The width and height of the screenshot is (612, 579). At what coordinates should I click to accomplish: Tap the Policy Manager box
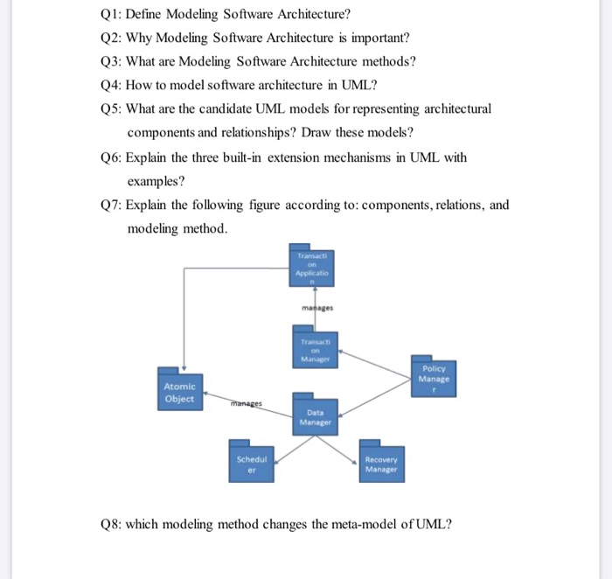434,378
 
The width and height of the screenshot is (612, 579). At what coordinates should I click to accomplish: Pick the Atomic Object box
179,392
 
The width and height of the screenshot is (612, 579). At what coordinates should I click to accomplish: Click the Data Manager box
316,417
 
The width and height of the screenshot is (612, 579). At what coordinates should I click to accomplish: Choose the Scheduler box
253,463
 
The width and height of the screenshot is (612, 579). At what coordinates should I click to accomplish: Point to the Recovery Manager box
380,464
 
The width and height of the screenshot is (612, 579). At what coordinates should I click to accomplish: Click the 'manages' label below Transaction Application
316,308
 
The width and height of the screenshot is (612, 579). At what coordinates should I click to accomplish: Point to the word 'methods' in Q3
385,62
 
